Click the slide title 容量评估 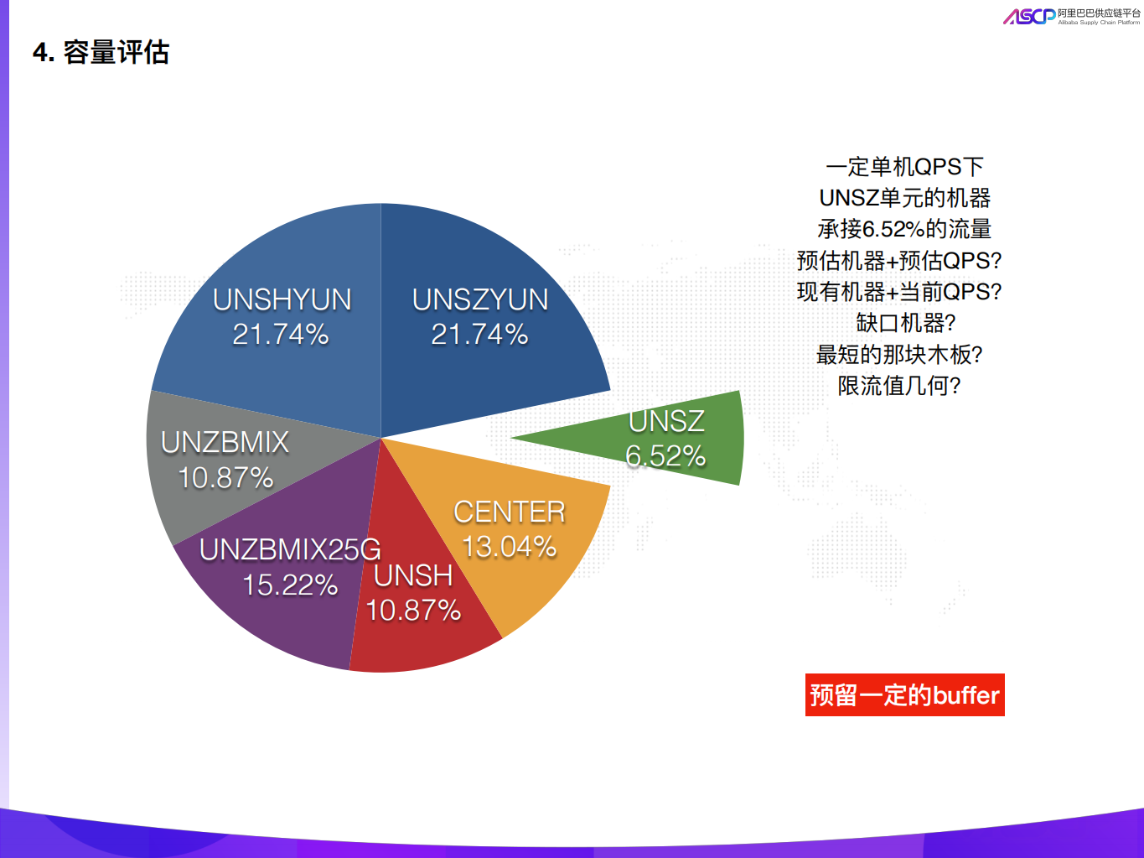pyautogui.click(x=116, y=53)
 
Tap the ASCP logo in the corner pyautogui.click(x=1029, y=16)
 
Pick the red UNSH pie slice pyautogui.click(x=419, y=637)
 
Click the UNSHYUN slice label pyautogui.click(x=282, y=299)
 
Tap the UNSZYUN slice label pyautogui.click(x=480, y=299)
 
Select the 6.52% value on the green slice pyautogui.click(x=665, y=456)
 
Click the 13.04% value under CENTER pyautogui.click(x=509, y=547)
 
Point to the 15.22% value pyautogui.click(x=290, y=585)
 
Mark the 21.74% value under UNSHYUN pyautogui.click(x=281, y=335)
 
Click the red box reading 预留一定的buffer pyautogui.click(x=904, y=695)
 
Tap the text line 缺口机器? pyautogui.click(x=905, y=323)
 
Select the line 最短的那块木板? pyautogui.click(x=899, y=354)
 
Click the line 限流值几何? pyautogui.click(x=899, y=386)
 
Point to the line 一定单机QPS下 pyautogui.click(x=904, y=167)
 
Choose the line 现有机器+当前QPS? pyautogui.click(x=899, y=292)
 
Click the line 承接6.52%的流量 pyautogui.click(x=904, y=229)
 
